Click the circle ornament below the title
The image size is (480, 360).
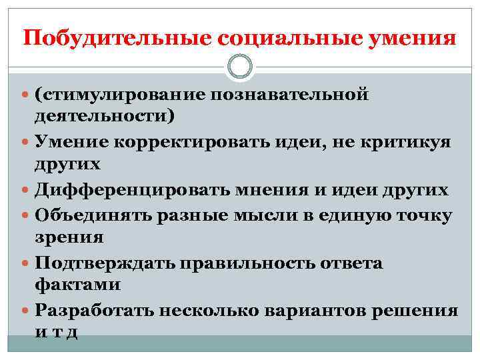click(240, 66)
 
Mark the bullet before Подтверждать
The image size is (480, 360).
click(26, 264)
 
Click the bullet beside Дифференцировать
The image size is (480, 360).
click(26, 190)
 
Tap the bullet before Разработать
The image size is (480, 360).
click(26, 311)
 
